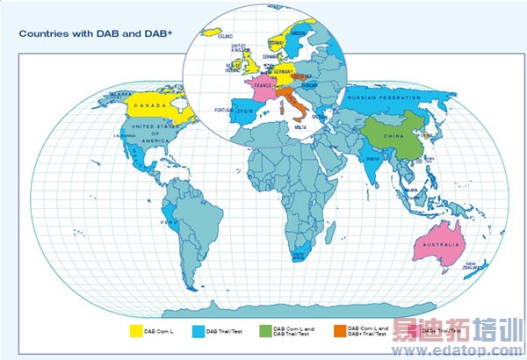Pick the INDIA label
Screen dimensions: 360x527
pyautogui.click(x=372, y=159)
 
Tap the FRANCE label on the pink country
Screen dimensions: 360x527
pyautogui.click(x=263, y=88)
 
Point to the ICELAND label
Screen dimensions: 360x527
pyautogui.click(x=225, y=36)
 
